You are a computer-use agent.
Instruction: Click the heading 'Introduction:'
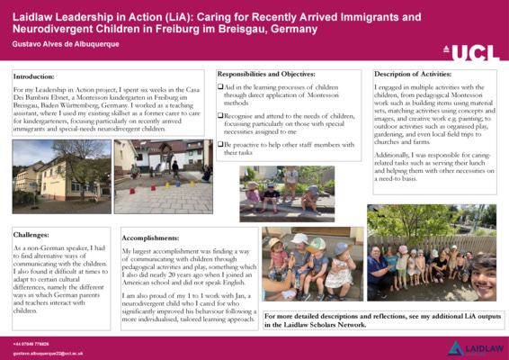point(34,78)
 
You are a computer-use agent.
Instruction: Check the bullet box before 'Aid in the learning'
point(219,85)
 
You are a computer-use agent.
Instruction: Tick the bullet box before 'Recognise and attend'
point(219,116)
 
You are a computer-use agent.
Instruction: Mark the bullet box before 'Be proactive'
point(219,145)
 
